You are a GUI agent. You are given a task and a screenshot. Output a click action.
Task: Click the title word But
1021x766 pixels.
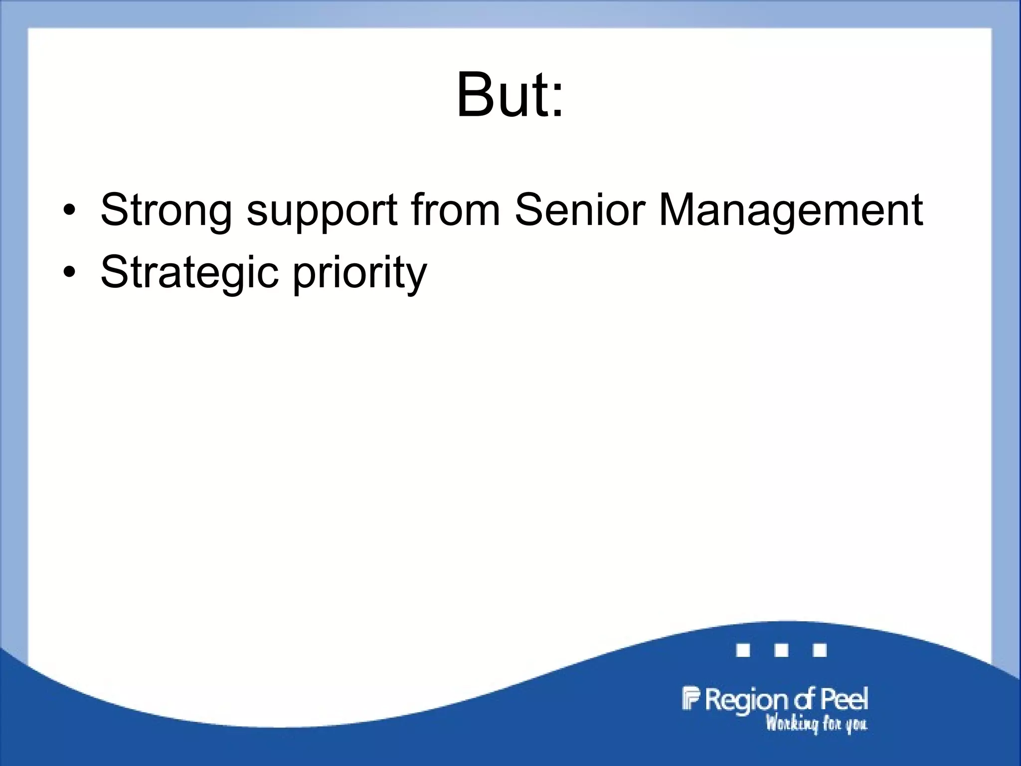point(501,95)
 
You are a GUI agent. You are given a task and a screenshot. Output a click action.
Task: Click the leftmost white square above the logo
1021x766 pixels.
point(743,650)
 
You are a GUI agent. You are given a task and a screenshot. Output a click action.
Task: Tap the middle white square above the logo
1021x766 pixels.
point(781,650)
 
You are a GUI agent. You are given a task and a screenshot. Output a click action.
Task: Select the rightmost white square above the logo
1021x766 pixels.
point(820,650)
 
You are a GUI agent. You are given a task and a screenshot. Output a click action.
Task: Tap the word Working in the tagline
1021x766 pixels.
point(792,724)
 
